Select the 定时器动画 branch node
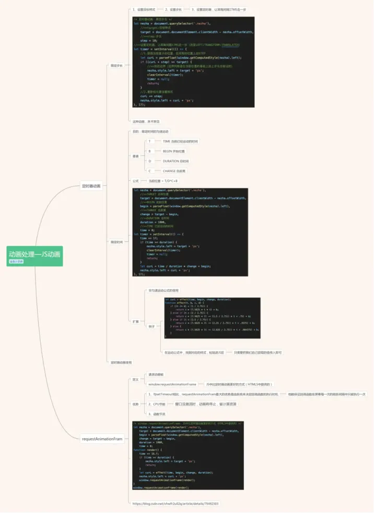click(91, 185)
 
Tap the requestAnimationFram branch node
click(102, 439)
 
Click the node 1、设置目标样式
click(146, 9)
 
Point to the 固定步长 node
click(116, 65)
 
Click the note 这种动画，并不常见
click(146, 121)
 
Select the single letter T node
click(149, 141)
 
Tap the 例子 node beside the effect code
click(151, 325)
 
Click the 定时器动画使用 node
click(121, 362)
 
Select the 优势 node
click(135, 404)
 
